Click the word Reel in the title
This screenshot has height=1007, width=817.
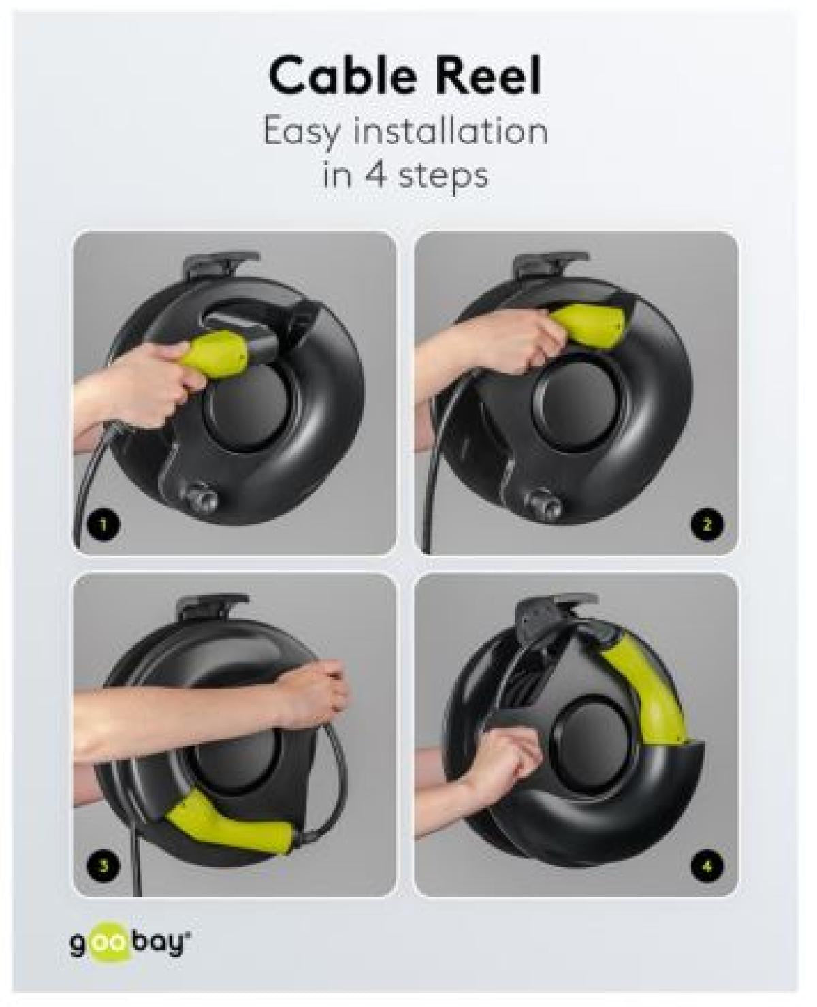pyautogui.click(x=488, y=77)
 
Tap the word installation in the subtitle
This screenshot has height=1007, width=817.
pyautogui.click(x=449, y=130)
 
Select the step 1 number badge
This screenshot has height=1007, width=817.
pyautogui.click(x=104, y=524)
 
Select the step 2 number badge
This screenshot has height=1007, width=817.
pyautogui.click(x=706, y=524)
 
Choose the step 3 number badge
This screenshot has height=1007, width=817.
pyautogui.click(x=104, y=865)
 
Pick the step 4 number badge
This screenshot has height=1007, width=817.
pyautogui.click(x=706, y=865)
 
